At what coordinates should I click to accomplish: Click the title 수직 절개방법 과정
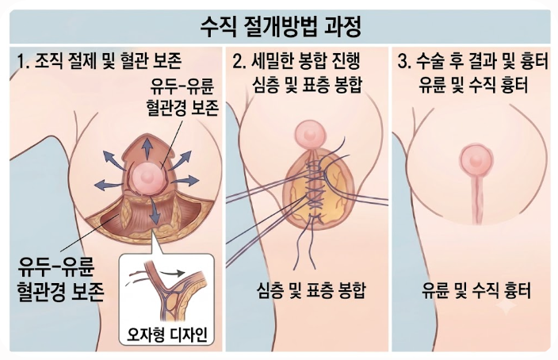click(x=281, y=28)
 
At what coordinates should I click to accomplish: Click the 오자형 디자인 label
click(x=167, y=335)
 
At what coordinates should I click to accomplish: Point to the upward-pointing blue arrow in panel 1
click(x=146, y=147)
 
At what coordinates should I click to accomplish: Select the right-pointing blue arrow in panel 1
click(x=185, y=180)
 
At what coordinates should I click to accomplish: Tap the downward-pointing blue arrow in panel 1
click(x=154, y=210)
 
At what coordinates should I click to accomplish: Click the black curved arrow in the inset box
click(x=172, y=273)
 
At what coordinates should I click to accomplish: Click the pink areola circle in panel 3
click(x=476, y=161)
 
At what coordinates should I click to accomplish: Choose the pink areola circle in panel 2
click(x=310, y=134)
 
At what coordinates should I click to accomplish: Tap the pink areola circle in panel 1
click(x=146, y=177)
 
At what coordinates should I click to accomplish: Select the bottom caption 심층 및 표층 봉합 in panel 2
click(x=311, y=290)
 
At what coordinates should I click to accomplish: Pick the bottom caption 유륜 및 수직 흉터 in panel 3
click(x=476, y=290)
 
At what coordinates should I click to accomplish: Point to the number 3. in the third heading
click(x=404, y=61)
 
